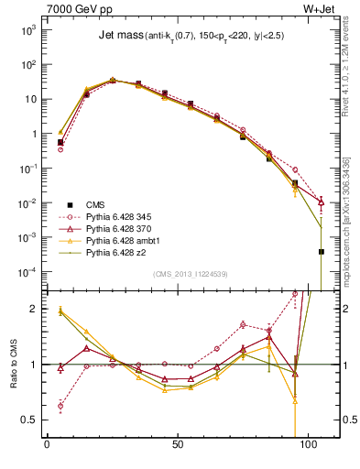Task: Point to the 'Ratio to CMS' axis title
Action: coord(13,365)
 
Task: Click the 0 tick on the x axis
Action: coord(48,448)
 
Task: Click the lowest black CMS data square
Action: coord(322,251)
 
